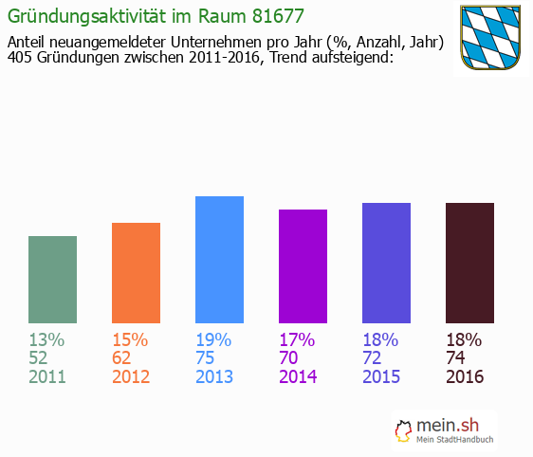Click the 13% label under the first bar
(x=46, y=339)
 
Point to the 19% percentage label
(x=213, y=339)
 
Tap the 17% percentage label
(x=297, y=339)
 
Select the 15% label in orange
(x=130, y=339)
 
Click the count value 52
(x=41, y=358)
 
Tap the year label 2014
(x=298, y=377)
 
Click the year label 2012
(x=131, y=377)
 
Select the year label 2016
(x=465, y=377)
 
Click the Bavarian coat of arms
(x=490, y=37)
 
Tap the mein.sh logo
(x=444, y=430)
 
